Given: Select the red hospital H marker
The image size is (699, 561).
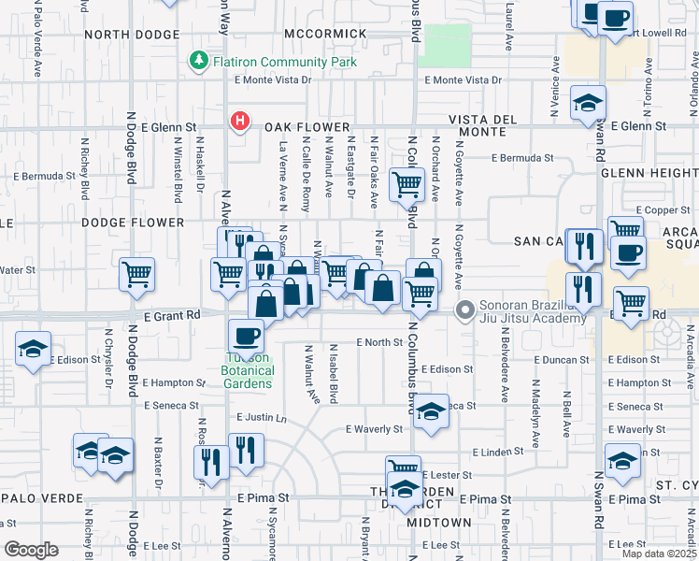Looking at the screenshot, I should tap(240, 121).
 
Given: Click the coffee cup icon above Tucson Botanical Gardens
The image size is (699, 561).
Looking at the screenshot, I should tap(247, 335).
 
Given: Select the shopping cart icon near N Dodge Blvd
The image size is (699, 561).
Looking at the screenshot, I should tap(136, 275).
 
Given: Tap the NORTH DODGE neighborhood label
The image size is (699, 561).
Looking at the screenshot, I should tap(131, 35).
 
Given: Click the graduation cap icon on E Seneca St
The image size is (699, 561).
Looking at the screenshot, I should tap(431, 411).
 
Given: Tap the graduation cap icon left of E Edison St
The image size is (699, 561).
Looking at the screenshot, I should tap(34, 351).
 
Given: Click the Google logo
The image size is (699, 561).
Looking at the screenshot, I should tap(31, 549).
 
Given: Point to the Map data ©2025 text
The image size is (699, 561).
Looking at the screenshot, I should tap(659, 554).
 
